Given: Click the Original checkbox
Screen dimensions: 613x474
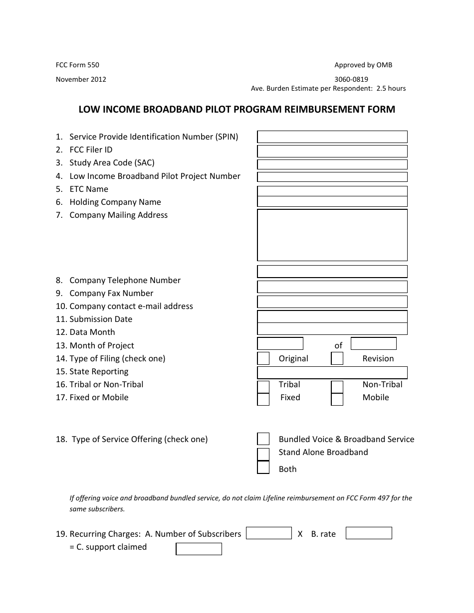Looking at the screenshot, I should pyautogui.click(x=263, y=358).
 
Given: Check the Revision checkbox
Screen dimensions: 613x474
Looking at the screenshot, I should pyautogui.click(x=337, y=358).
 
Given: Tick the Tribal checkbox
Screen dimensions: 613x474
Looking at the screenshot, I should pyautogui.click(x=263, y=387).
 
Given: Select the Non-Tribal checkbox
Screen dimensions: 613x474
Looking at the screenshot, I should pyautogui.click(x=337, y=387).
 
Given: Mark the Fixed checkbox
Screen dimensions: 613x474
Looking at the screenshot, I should pyautogui.click(x=263, y=399).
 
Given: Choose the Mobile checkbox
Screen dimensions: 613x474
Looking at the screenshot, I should pyautogui.click(x=337, y=399).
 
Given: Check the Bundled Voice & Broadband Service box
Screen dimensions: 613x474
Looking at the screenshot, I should pyautogui.click(x=263, y=439).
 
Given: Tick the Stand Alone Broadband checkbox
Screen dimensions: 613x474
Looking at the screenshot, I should pyautogui.click(x=263, y=454).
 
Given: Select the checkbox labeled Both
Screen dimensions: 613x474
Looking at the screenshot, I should pyautogui.click(x=263, y=467).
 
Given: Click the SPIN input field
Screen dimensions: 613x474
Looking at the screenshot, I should pyautogui.click(x=332, y=137).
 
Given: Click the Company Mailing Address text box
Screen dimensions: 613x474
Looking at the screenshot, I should pyautogui.click(x=332, y=235).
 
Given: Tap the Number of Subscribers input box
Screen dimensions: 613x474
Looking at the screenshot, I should pyautogui.click(x=269, y=533).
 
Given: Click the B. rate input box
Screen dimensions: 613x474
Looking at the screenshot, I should pyautogui.click(x=369, y=533).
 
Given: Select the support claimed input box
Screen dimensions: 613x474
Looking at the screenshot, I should pyautogui.click(x=199, y=549).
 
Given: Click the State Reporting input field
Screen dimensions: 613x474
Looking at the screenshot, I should pyautogui.click(x=332, y=373).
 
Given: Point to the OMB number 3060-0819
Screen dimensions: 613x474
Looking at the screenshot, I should pyautogui.click(x=351, y=79).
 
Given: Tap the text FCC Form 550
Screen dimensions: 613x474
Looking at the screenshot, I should pyautogui.click(x=74, y=65).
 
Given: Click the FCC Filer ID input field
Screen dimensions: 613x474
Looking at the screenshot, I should pyautogui.click(x=332, y=151).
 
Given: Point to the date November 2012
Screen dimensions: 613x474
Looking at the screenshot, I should pyautogui.click(x=81, y=79).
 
